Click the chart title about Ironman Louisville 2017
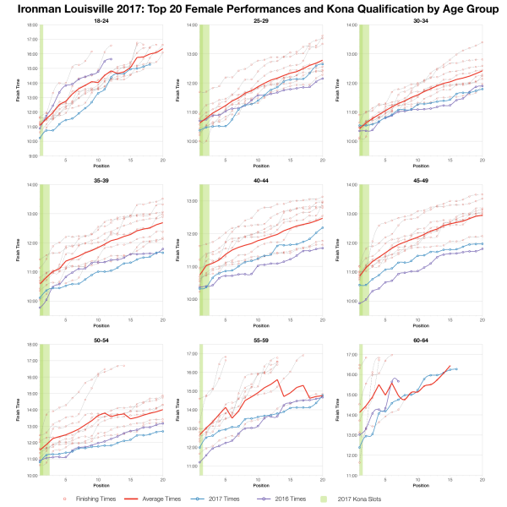pyautogui.click(x=253, y=8)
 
